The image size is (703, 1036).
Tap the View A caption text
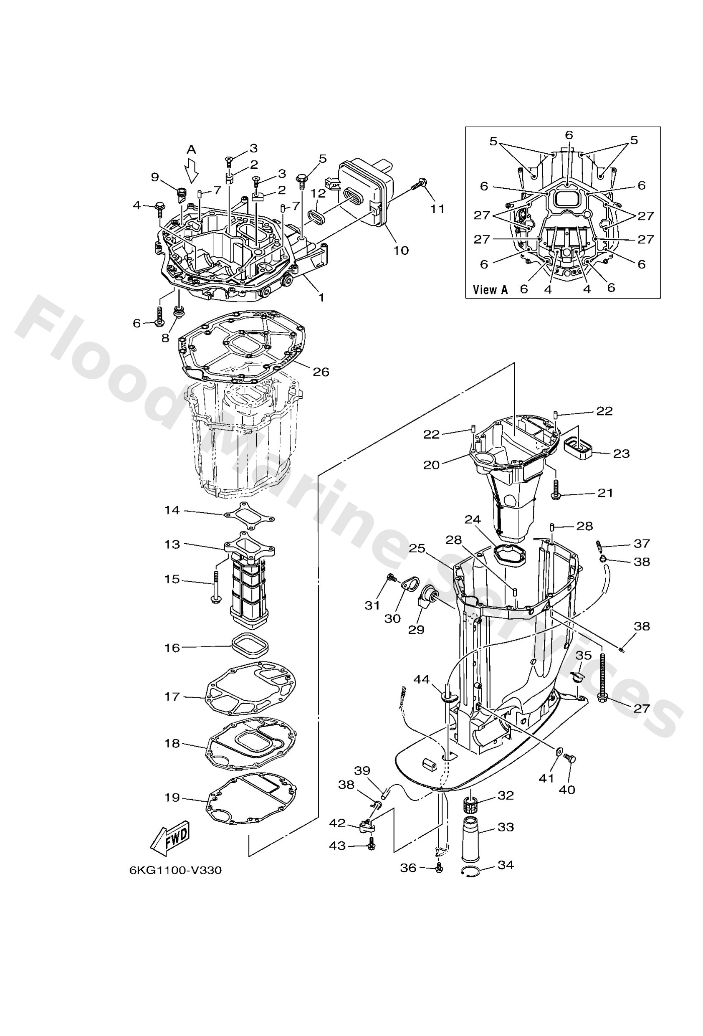(x=490, y=290)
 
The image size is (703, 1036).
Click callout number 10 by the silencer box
(x=401, y=250)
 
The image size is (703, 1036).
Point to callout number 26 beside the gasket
(x=321, y=371)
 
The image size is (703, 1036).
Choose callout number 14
(x=172, y=510)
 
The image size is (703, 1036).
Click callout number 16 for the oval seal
(x=172, y=647)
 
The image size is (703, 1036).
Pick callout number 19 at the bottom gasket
(x=172, y=797)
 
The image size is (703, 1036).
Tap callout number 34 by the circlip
(x=506, y=865)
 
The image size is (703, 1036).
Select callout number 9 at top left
(x=155, y=177)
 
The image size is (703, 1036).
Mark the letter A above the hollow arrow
(x=191, y=149)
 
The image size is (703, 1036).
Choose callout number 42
(x=337, y=823)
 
